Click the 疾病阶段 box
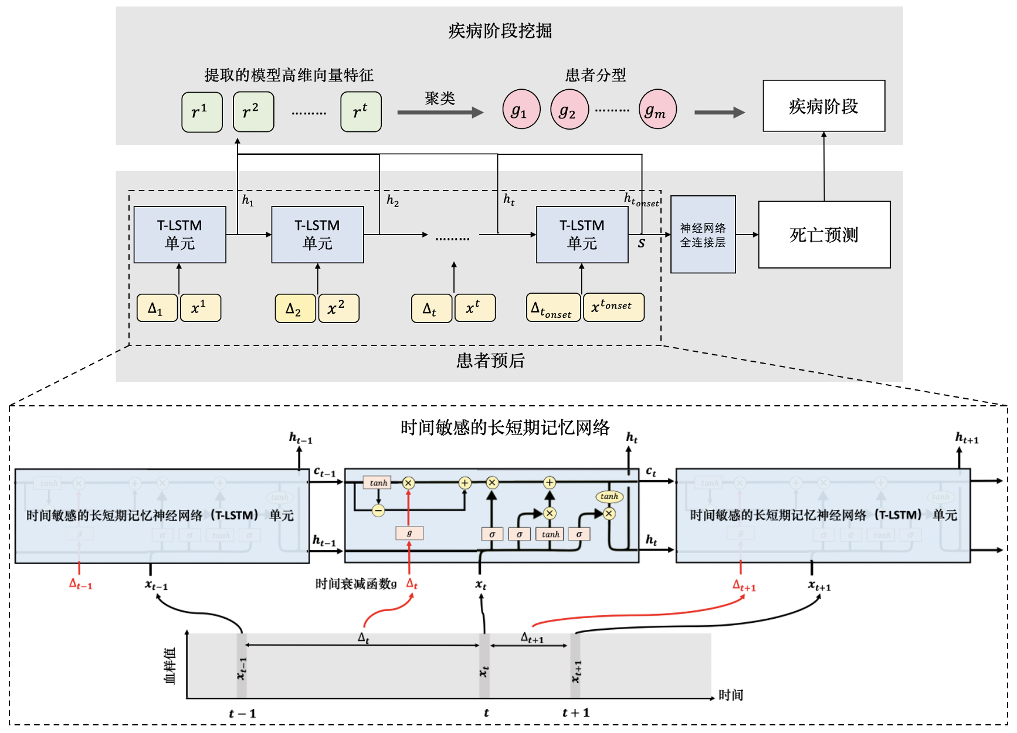click(x=823, y=106)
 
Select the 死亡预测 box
click(x=824, y=235)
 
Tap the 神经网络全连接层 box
click(x=703, y=235)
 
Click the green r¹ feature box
click(x=202, y=111)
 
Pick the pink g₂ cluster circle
click(x=569, y=110)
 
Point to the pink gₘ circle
click(x=657, y=110)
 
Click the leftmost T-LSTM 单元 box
click(x=179, y=235)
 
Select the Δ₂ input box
click(x=295, y=308)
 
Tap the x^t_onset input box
click(x=613, y=307)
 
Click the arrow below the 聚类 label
click(x=440, y=113)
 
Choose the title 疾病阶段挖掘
click(x=500, y=30)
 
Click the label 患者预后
click(x=490, y=361)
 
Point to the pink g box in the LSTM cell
click(x=409, y=533)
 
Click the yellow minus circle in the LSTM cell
click(x=378, y=510)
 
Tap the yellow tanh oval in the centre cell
click(x=609, y=496)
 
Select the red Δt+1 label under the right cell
click(x=744, y=586)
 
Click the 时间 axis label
click(x=731, y=695)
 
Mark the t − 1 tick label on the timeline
click(x=242, y=714)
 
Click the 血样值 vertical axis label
click(x=169, y=666)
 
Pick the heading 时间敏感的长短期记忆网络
click(x=505, y=427)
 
